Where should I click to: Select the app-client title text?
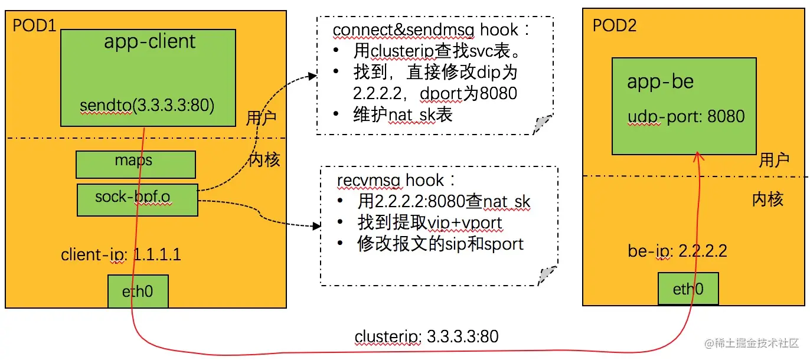(149, 42)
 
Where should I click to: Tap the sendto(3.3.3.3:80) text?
(147, 106)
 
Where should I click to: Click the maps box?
(136, 164)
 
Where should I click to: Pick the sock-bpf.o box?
(137, 199)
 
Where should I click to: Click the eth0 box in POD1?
(138, 290)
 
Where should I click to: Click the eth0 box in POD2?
(688, 289)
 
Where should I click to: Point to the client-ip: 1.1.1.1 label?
(121, 255)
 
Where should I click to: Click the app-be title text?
(660, 82)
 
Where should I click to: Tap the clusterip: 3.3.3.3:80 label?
(426, 337)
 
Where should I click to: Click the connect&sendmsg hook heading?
(426, 30)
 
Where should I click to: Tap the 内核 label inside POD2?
(767, 199)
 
